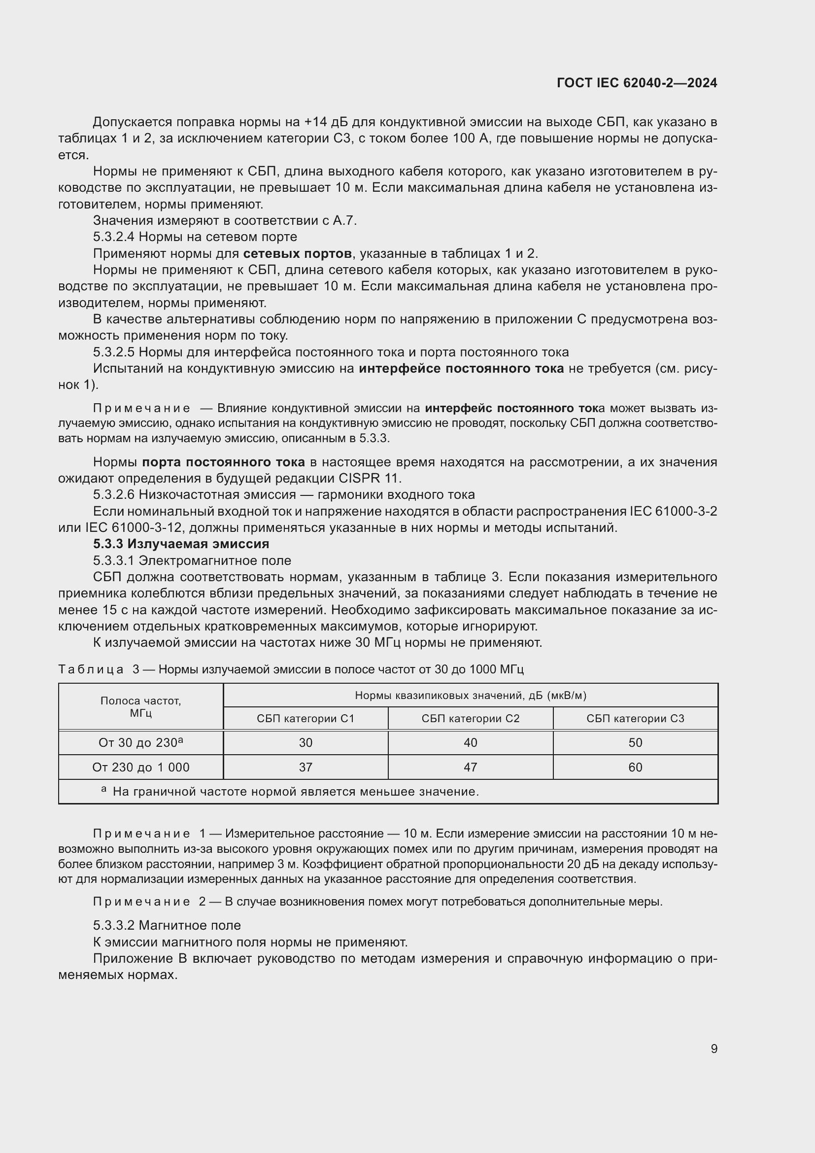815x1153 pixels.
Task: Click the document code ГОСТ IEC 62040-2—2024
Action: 636,83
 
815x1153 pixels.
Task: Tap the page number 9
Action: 713,1048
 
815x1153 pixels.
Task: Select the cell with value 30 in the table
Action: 305,743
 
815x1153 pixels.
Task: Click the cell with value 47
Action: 470,768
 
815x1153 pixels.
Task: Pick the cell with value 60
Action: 635,768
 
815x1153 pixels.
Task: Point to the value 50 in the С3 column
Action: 635,743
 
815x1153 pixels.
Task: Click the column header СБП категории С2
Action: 470,719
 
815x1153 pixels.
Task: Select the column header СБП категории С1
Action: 305,719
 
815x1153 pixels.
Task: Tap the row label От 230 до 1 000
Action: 140,768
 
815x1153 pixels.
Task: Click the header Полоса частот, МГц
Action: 140,706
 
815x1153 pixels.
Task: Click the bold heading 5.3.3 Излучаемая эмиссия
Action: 181,544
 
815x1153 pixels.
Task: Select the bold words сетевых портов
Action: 297,253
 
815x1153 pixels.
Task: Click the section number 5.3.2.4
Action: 113,237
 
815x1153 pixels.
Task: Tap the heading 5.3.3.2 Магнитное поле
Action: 167,925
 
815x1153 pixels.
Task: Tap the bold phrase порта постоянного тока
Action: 223,461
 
